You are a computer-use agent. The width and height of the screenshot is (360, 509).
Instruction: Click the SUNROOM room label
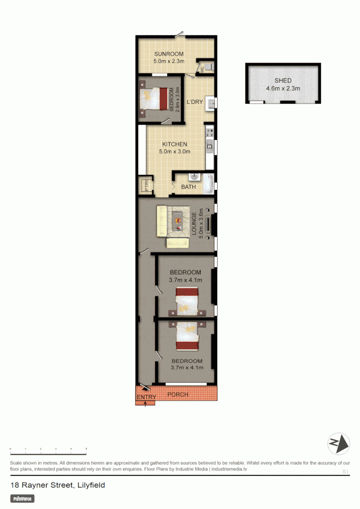(168, 54)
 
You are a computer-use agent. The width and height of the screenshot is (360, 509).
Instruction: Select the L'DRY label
(194, 102)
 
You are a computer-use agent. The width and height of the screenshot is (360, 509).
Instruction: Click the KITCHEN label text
(175, 144)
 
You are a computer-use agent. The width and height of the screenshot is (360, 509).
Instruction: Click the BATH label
(188, 187)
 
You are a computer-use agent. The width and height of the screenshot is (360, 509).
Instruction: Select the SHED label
(283, 81)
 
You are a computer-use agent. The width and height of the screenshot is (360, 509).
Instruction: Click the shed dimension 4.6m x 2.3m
(283, 88)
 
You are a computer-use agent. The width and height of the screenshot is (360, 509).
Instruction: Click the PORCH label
(178, 394)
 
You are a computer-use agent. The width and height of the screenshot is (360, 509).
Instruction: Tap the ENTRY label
(146, 397)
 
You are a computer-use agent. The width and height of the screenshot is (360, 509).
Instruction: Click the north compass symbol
(339, 443)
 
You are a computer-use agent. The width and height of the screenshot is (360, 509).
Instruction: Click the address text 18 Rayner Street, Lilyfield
(57, 485)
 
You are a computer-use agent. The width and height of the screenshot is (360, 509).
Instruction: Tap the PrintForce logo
(23, 498)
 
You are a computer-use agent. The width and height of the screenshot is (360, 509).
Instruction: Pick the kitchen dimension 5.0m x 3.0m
(175, 152)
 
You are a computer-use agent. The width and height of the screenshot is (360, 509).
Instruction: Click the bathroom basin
(194, 177)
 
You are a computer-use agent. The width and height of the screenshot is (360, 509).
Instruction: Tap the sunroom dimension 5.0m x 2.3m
(168, 61)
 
